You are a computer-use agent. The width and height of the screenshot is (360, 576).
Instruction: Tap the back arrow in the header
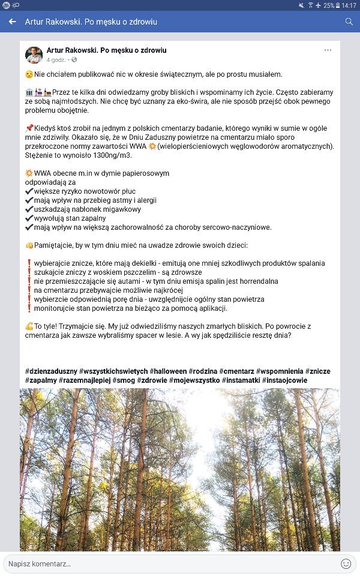[x=12, y=22]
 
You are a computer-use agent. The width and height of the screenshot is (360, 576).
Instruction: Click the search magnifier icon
[x=349, y=22]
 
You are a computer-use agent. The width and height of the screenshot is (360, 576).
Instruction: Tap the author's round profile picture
[x=34, y=55]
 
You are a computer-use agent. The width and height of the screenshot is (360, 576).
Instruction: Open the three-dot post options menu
[x=328, y=50]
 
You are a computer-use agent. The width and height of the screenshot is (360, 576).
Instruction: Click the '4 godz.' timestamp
[x=56, y=60]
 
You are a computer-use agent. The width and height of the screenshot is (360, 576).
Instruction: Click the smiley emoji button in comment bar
[x=346, y=563]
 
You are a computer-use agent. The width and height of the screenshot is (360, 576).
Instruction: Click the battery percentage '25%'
[x=329, y=5]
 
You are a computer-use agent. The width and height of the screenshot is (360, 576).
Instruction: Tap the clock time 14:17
[x=349, y=5]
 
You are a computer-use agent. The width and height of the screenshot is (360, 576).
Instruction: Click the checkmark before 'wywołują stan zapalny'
[x=29, y=218]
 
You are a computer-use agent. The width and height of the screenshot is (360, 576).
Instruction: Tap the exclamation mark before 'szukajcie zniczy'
[x=29, y=272]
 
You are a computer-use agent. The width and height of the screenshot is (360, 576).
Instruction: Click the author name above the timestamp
[x=106, y=50]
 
